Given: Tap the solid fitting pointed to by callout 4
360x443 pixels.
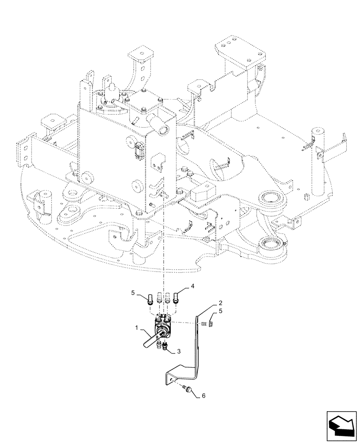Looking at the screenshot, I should coord(177,296).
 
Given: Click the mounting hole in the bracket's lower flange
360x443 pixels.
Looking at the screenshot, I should coord(171,377).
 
